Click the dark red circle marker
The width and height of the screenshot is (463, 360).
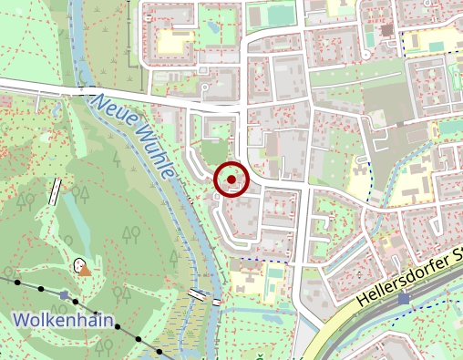[x=231, y=179]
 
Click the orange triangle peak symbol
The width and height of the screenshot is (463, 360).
[x=85, y=269]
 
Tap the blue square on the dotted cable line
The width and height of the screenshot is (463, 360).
[x=63, y=295]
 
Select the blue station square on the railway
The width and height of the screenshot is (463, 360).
[x=405, y=298]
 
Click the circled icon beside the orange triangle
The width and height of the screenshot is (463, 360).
[x=77, y=264]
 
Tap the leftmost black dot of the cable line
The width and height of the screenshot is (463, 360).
[x=16, y=282]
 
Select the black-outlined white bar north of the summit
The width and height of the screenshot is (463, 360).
[x=56, y=190]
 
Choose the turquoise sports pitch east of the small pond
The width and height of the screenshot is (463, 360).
[x=275, y=17]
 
